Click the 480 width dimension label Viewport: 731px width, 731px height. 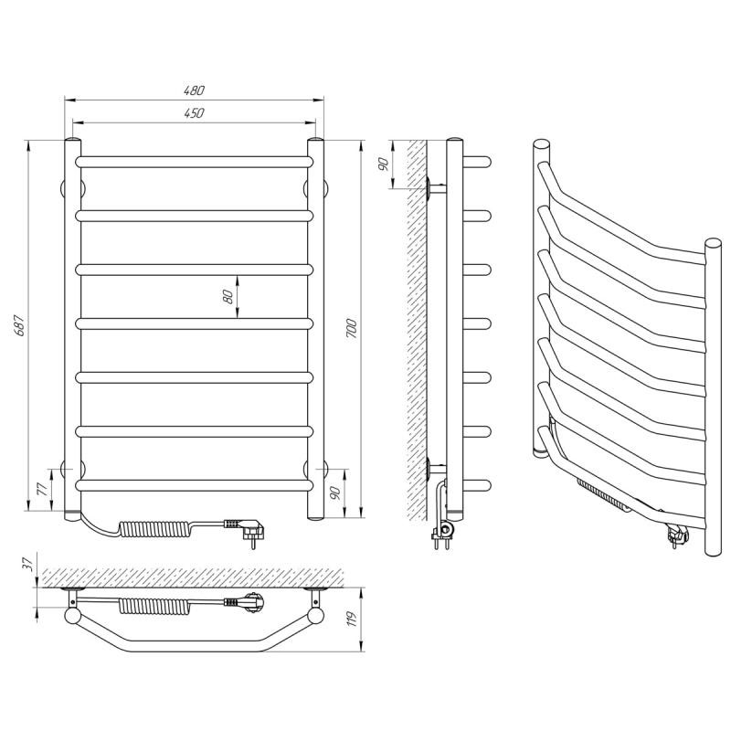[x=194, y=90]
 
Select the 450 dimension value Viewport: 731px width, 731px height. [x=194, y=112]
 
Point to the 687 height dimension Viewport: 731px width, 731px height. [x=19, y=325]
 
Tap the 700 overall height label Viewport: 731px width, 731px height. [x=352, y=329]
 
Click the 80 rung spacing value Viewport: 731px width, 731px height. [x=228, y=296]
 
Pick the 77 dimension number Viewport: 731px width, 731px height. [x=42, y=489]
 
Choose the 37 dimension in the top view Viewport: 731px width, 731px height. [x=29, y=564]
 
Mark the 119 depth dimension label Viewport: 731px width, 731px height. [x=352, y=619]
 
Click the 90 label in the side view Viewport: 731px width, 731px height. [x=383, y=164]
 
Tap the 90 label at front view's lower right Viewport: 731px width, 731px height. [x=334, y=493]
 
